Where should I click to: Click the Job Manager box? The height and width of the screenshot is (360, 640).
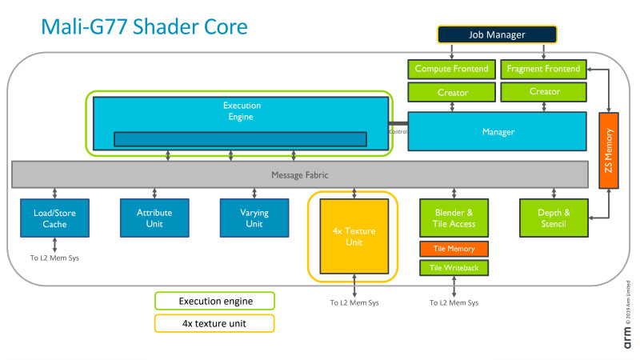tap(496, 34)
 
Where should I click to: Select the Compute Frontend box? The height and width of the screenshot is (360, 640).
tap(451, 70)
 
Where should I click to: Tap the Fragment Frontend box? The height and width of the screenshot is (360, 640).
tap(544, 70)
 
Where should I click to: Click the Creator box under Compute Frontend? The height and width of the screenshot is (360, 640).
tap(452, 93)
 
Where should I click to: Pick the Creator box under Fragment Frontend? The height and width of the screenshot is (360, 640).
tap(544, 93)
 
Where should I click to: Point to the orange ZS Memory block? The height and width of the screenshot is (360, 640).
tap(610, 150)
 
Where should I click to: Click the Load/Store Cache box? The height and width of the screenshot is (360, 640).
tap(54, 218)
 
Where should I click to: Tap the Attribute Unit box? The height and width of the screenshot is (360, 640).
tap(154, 218)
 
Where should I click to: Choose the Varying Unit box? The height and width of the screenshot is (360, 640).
tap(254, 218)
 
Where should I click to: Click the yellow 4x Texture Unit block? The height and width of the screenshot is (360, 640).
tap(353, 236)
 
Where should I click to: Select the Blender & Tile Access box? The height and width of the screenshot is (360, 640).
tap(454, 218)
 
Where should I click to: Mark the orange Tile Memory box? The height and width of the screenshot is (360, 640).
tap(454, 249)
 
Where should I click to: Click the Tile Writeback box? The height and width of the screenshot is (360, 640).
tap(454, 268)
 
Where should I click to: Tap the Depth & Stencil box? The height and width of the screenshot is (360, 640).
tap(554, 218)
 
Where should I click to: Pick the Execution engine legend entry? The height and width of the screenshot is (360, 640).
tap(214, 301)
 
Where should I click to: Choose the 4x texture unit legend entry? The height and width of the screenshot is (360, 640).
tap(214, 323)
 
